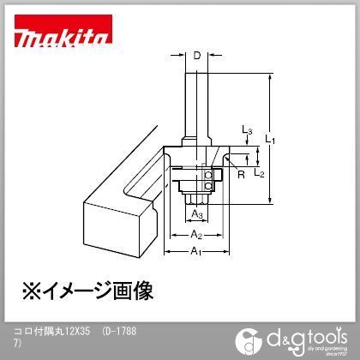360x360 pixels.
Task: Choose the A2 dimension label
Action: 195,233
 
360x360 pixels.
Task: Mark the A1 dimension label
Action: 195,251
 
